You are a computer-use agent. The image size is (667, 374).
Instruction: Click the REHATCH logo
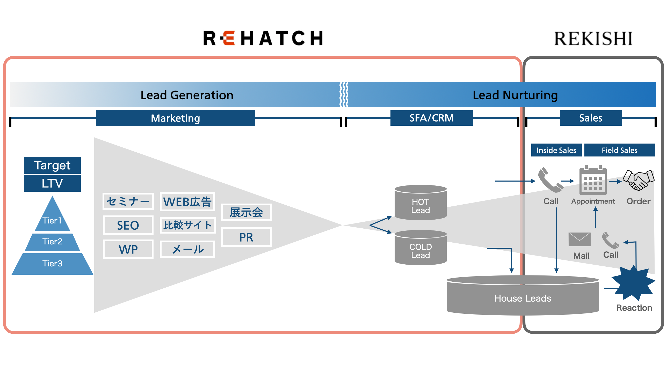click(263, 38)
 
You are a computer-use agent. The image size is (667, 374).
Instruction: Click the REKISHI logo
click(593, 39)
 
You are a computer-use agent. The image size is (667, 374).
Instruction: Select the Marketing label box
click(175, 118)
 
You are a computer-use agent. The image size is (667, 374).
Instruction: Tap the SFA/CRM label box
click(432, 118)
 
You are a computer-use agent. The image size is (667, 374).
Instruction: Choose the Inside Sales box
click(556, 150)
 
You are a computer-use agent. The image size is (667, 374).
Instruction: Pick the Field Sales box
click(619, 150)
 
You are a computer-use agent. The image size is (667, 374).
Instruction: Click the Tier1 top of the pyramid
click(52, 217)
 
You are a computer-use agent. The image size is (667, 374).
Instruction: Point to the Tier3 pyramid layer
click(52, 263)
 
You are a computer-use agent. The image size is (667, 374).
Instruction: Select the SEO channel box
click(128, 225)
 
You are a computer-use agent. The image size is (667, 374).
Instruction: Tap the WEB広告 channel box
click(187, 201)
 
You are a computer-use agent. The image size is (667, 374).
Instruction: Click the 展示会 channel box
click(246, 212)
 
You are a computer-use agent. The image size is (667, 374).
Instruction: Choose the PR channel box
click(246, 237)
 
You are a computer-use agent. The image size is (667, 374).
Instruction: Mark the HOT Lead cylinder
click(421, 203)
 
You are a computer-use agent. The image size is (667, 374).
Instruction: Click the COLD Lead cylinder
click(421, 248)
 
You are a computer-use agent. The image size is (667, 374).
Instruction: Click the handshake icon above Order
click(639, 180)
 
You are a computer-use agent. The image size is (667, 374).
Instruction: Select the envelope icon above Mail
click(579, 240)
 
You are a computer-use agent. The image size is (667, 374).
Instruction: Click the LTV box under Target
click(52, 183)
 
